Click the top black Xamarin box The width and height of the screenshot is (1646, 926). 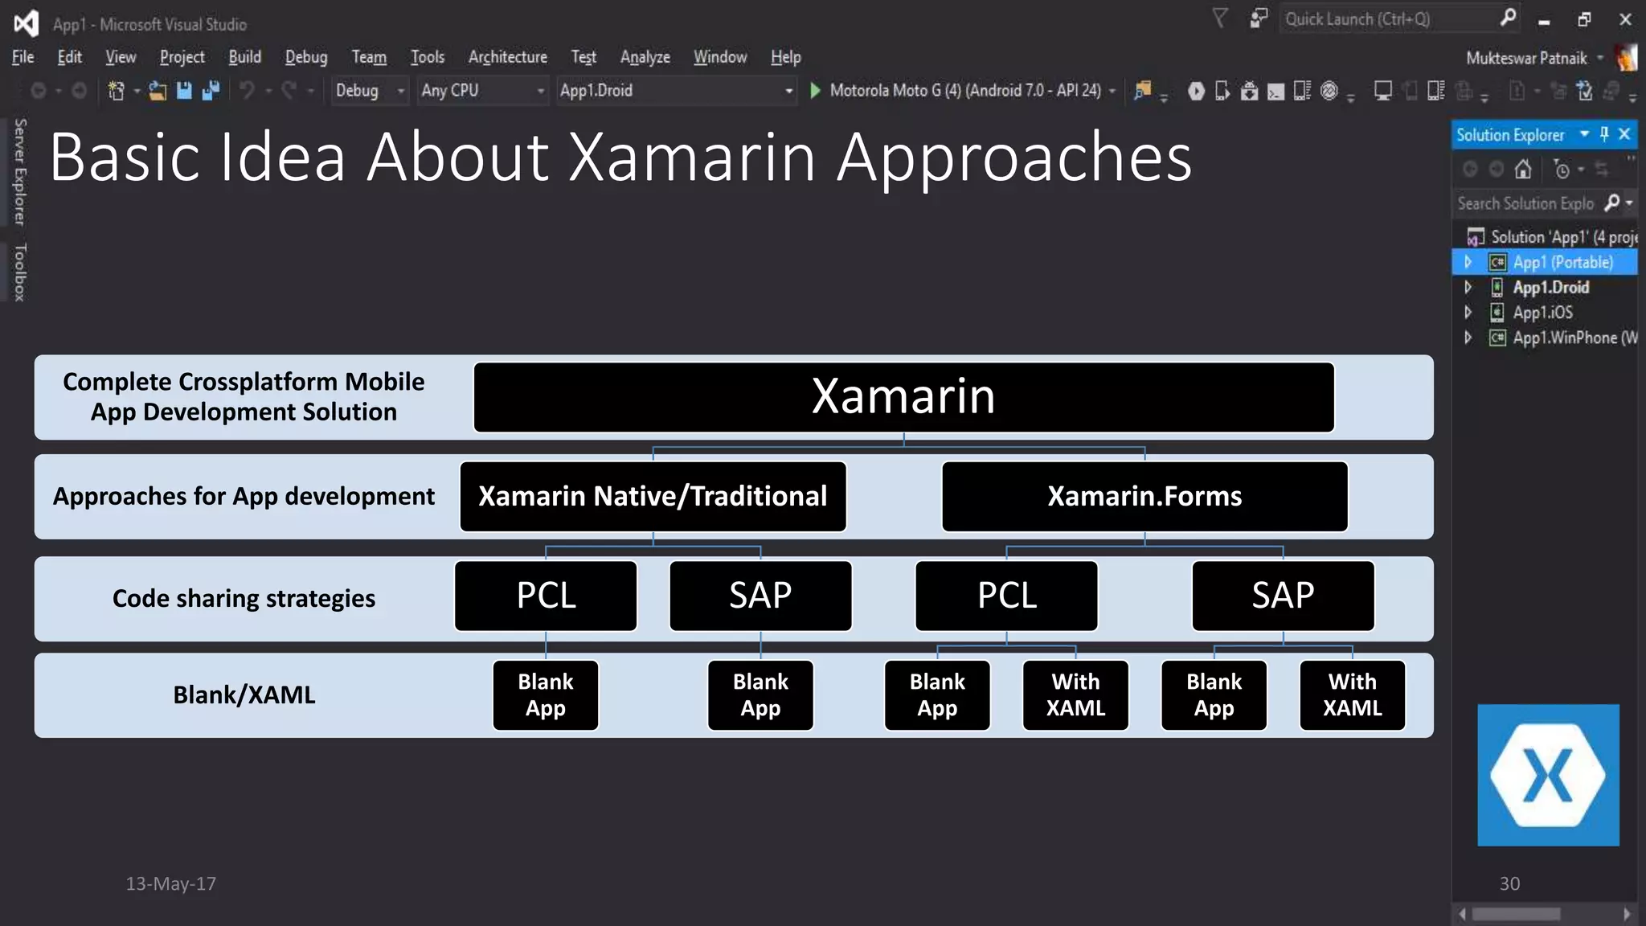[x=903, y=397]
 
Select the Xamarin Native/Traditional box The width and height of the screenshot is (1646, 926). [x=653, y=496]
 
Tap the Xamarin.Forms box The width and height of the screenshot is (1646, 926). [x=1144, y=496]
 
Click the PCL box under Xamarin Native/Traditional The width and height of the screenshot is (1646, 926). [x=546, y=596]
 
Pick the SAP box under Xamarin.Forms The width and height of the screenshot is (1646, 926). [x=1283, y=596]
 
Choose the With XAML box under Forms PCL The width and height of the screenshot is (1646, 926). [x=1075, y=695]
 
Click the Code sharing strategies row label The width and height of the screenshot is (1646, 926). [x=244, y=599]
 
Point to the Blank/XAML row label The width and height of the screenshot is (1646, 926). [x=244, y=695]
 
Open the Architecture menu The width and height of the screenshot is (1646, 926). [x=507, y=57]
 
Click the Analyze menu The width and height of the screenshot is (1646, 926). [x=645, y=57]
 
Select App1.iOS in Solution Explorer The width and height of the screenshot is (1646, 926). [x=1542, y=313]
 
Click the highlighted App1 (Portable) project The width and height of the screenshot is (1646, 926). [x=1562, y=262]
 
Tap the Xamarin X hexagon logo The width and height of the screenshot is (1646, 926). [x=1548, y=775]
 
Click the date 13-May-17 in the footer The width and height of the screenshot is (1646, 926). [x=170, y=883]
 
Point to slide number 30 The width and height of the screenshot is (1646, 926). [x=1509, y=883]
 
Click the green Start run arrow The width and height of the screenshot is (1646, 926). [x=815, y=90]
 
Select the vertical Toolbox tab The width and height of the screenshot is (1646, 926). [x=20, y=272]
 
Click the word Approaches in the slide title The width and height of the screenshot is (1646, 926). [x=1014, y=158]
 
